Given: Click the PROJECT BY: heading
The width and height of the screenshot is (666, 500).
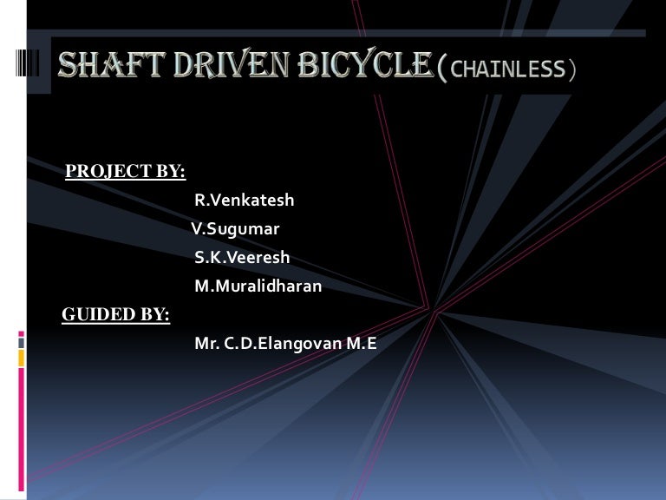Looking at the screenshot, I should (x=126, y=171).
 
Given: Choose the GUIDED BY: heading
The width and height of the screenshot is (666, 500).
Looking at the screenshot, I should (x=115, y=314).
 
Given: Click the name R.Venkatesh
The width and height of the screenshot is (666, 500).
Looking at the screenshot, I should (x=244, y=201).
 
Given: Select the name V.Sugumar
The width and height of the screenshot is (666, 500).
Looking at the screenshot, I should (x=235, y=229).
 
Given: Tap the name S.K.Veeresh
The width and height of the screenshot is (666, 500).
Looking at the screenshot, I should (x=242, y=258).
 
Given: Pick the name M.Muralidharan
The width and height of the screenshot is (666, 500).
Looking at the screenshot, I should (x=258, y=286).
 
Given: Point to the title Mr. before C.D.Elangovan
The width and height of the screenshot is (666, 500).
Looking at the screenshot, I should (x=206, y=343).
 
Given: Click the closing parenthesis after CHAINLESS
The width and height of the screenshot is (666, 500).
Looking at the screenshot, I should (x=571, y=69).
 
